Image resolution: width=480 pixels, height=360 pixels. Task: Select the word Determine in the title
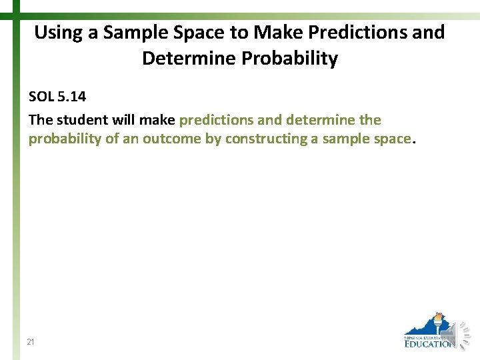point(189,59)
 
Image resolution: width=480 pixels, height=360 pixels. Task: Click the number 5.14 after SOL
point(71,97)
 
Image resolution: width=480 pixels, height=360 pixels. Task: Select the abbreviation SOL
point(41,97)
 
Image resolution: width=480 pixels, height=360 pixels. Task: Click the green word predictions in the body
point(216,120)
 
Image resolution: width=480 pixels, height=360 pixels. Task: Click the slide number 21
point(31,342)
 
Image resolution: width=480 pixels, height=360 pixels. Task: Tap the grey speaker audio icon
point(463,334)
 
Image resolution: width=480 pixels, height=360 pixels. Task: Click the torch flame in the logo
point(438,316)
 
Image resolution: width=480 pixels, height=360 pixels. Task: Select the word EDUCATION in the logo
point(430,344)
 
